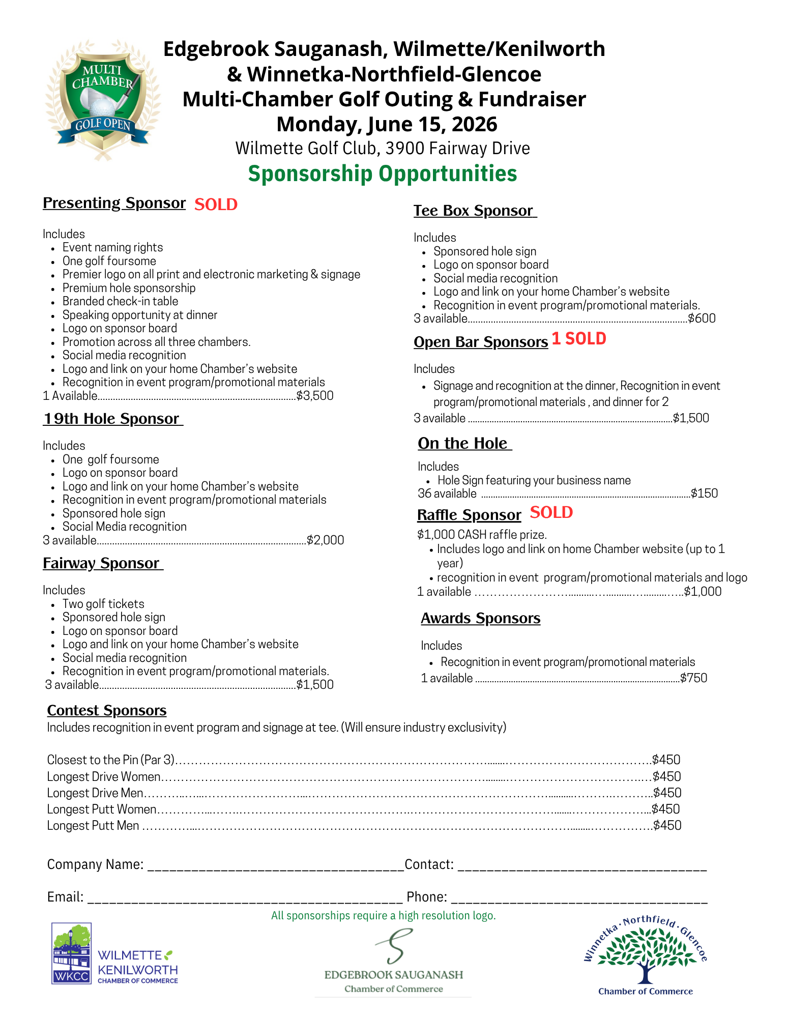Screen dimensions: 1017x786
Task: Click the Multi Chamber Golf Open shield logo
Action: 103,99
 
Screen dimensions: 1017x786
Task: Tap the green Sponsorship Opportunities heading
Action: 382,173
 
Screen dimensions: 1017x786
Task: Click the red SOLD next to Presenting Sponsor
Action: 216,205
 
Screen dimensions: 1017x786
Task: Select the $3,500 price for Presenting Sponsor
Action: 315,396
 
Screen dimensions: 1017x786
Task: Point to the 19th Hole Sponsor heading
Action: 112,419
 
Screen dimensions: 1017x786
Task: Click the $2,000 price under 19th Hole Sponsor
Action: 326,540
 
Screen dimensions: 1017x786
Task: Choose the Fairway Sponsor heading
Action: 102,563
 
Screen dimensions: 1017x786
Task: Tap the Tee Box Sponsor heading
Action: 474,211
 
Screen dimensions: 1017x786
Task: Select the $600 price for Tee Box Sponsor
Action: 702,318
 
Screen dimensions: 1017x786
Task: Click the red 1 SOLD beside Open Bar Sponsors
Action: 579,339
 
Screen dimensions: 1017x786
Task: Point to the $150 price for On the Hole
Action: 705,493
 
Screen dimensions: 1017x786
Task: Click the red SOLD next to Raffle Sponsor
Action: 551,513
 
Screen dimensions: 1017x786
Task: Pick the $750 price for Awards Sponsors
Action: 694,678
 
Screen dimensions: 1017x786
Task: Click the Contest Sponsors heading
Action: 107,710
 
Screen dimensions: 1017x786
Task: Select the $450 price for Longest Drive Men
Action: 667,793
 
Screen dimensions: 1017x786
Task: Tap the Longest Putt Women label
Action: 102,809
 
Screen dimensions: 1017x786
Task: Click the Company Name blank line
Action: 275,866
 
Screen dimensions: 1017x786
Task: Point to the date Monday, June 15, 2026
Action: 387,124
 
